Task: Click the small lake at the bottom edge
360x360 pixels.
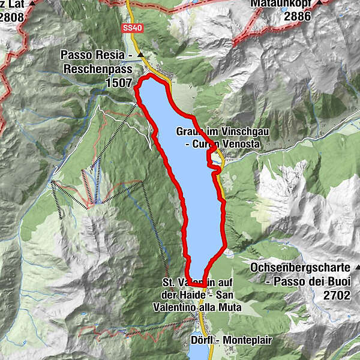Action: tap(199, 354)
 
